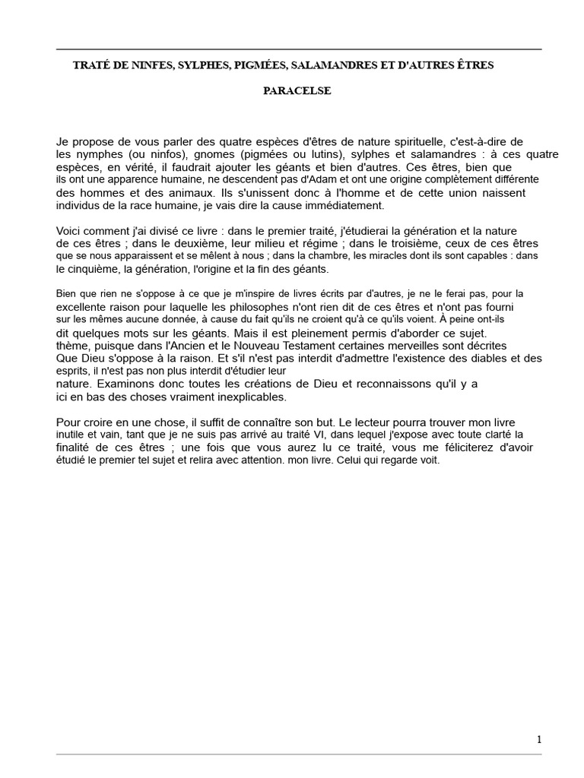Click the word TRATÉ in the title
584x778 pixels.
[x=90, y=66]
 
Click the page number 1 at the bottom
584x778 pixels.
[x=539, y=739]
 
